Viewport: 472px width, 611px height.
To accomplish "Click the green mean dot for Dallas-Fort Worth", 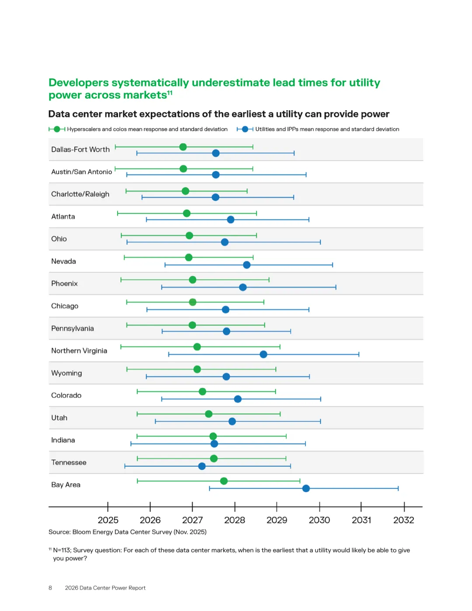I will coord(183,147).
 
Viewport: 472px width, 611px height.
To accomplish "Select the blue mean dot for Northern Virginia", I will coord(264,354).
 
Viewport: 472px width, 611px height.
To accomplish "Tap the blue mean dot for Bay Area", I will coord(306,488).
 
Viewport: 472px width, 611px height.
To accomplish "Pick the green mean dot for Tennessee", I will coord(214,458).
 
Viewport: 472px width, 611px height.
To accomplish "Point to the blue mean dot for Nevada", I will coord(247,265).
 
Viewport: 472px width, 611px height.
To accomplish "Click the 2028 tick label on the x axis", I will coord(235,520).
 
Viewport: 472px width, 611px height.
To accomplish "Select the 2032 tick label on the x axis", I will coord(403,520).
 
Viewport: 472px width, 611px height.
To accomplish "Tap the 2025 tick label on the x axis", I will coord(108,520).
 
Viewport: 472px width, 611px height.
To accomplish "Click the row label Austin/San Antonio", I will coord(82,172).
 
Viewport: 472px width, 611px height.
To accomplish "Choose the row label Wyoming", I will coord(66,373).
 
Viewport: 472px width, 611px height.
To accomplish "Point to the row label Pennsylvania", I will coord(73,329).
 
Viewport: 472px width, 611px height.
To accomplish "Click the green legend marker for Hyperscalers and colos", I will coord(57,129).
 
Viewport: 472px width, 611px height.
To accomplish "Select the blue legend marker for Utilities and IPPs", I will coord(245,129).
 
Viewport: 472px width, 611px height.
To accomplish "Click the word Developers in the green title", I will coord(79,83).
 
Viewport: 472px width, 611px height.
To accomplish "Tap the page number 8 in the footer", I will coord(50,588).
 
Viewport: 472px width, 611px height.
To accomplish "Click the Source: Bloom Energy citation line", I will coord(127,532).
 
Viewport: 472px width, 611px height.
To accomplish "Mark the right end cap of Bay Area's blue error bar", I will coord(398,488).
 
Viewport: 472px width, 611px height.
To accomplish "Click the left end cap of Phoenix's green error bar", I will coord(121,280).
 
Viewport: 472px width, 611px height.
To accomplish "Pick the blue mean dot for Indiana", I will coord(214,444).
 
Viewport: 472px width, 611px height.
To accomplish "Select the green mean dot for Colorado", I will coord(202,392).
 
